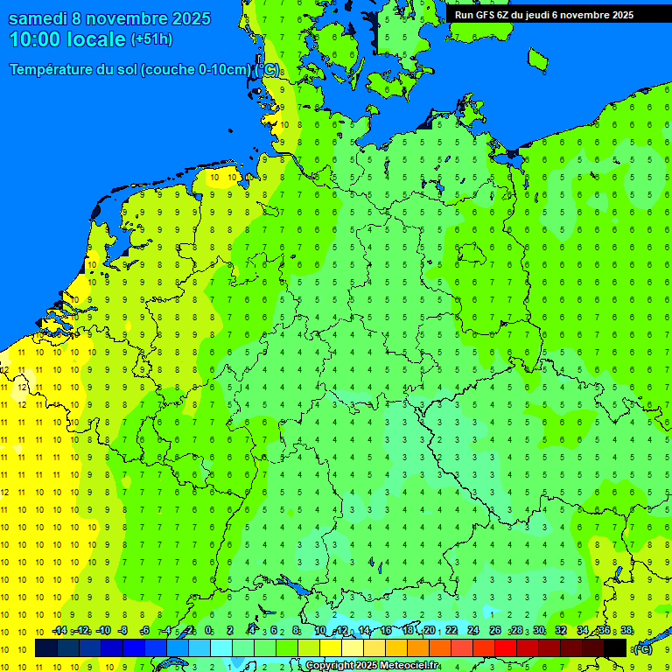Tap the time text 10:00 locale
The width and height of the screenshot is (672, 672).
(x=67, y=39)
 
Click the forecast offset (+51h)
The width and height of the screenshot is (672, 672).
(x=151, y=39)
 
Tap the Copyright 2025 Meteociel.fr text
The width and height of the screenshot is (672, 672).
(x=371, y=666)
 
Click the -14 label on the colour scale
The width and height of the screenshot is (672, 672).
(x=59, y=631)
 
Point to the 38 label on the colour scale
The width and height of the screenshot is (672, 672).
(x=626, y=631)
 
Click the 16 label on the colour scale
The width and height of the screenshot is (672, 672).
(x=386, y=631)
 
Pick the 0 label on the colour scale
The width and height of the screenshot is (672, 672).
(x=208, y=631)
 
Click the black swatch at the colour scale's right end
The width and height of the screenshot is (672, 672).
(x=615, y=647)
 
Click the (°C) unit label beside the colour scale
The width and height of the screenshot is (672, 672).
(x=643, y=648)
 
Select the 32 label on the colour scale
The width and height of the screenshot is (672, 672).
(x=561, y=631)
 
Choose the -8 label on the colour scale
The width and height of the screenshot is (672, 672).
(x=122, y=631)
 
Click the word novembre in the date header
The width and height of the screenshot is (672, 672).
(x=131, y=18)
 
